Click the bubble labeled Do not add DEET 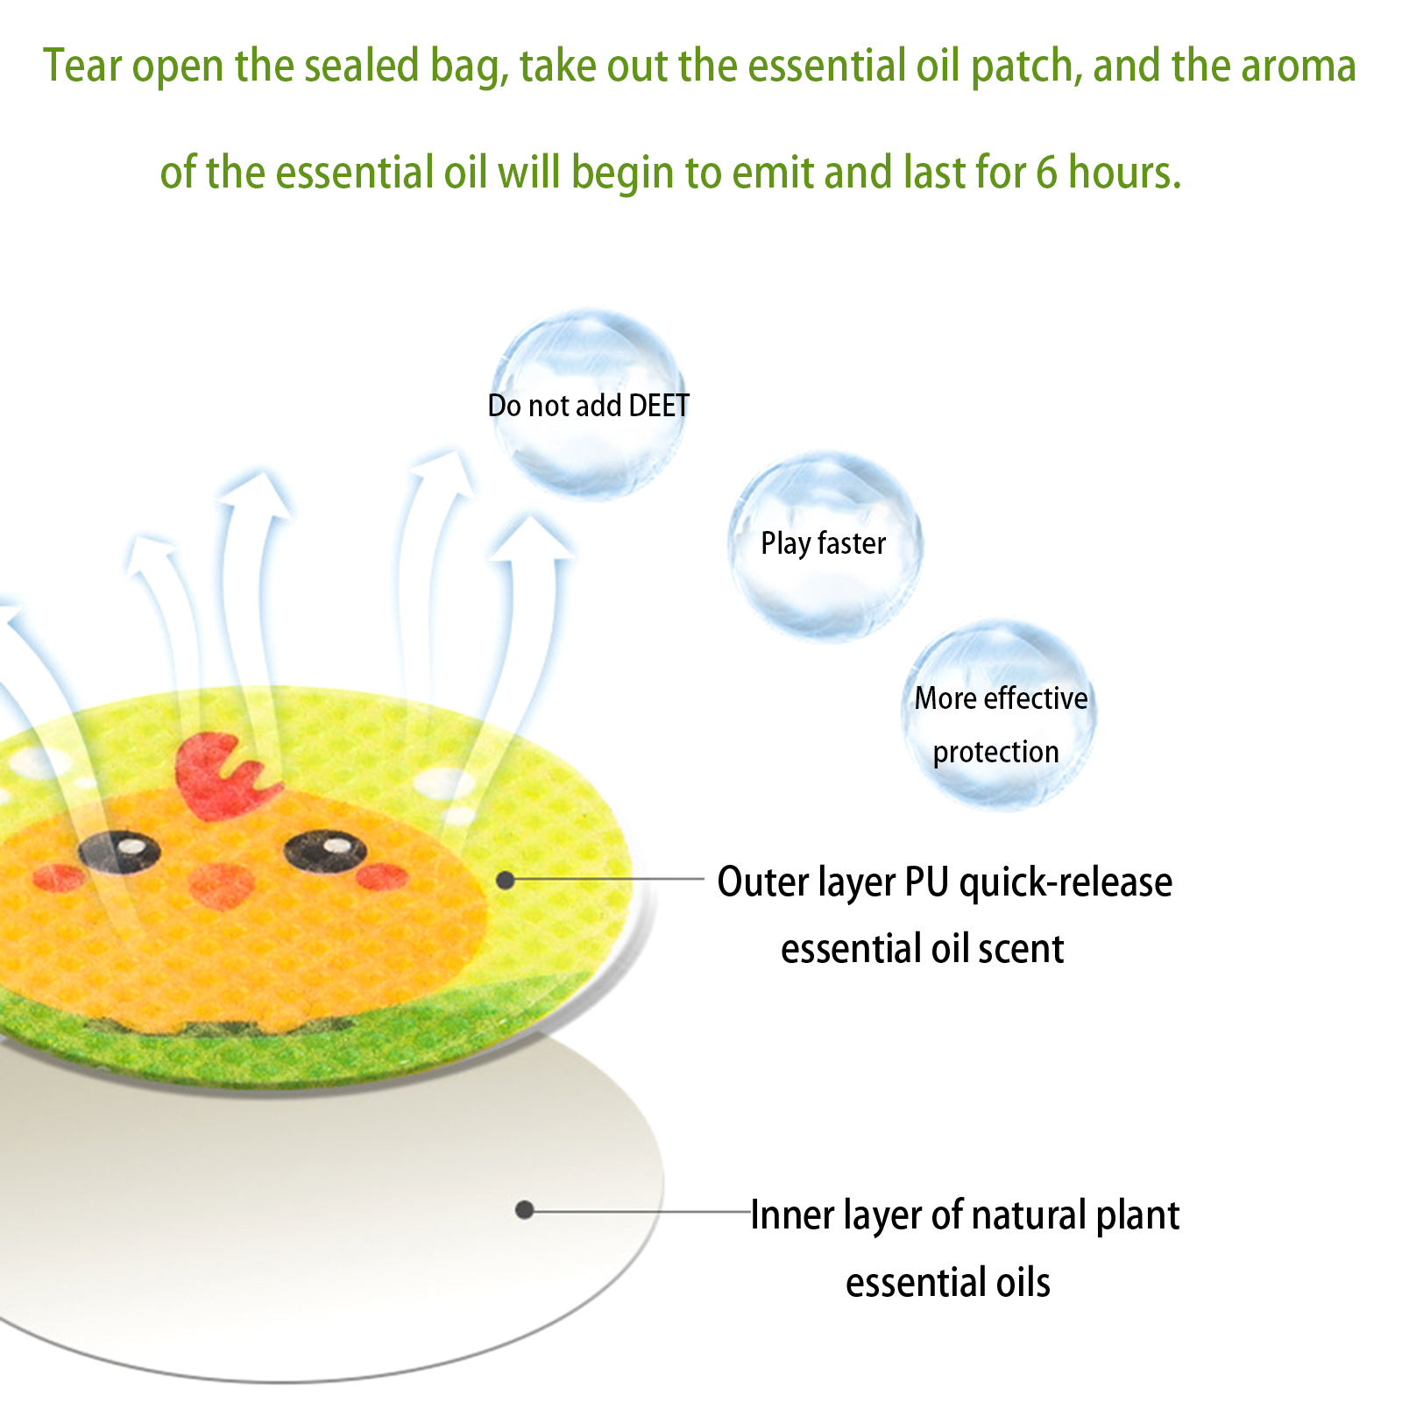tap(589, 404)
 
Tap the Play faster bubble tap(825, 546)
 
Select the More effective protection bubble tap(999, 715)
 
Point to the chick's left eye tap(119, 850)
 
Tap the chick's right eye tap(325, 851)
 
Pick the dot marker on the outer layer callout tap(506, 879)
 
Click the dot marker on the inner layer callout tap(525, 1210)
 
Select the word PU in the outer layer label tap(927, 882)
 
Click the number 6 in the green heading tap(1046, 172)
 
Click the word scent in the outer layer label tap(1021, 949)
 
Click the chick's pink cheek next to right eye tap(382, 876)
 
